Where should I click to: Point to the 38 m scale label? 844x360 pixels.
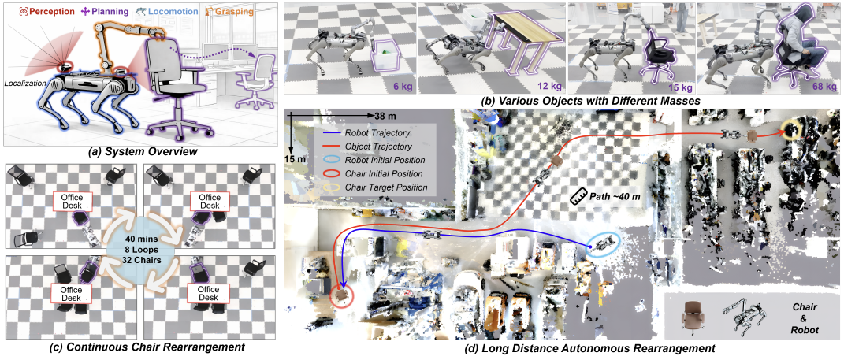tap(380, 116)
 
